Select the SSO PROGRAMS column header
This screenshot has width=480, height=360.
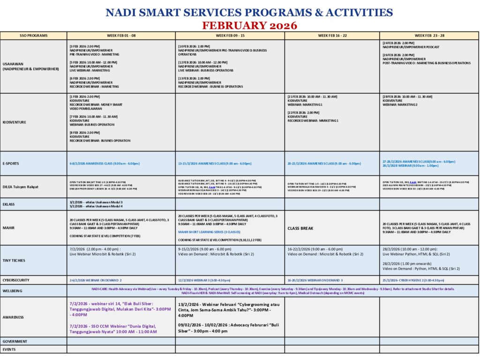[34, 36]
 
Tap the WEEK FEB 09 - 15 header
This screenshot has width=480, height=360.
[230, 36]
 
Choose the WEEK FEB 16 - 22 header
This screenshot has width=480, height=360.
[332, 36]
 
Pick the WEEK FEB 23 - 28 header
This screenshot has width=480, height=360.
[429, 36]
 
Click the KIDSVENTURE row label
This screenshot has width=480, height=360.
[14, 122]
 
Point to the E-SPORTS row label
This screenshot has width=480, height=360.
[11, 164]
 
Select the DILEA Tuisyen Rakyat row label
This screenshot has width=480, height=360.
[21, 187]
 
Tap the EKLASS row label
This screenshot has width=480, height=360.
[9, 204]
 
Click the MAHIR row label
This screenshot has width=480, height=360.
[8, 228]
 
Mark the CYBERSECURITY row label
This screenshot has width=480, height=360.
[16, 280]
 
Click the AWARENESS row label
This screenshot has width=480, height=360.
[13, 317]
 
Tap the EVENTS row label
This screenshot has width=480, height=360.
[9, 349]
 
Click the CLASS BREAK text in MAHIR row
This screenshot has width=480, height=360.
[300, 228]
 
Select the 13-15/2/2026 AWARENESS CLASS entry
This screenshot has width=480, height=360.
[215, 164]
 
